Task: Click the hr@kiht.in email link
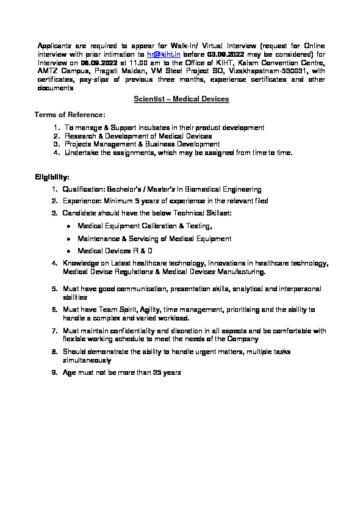point(168,54)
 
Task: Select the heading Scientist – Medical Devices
point(181,99)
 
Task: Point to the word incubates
point(141,128)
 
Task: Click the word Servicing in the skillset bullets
point(147,239)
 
